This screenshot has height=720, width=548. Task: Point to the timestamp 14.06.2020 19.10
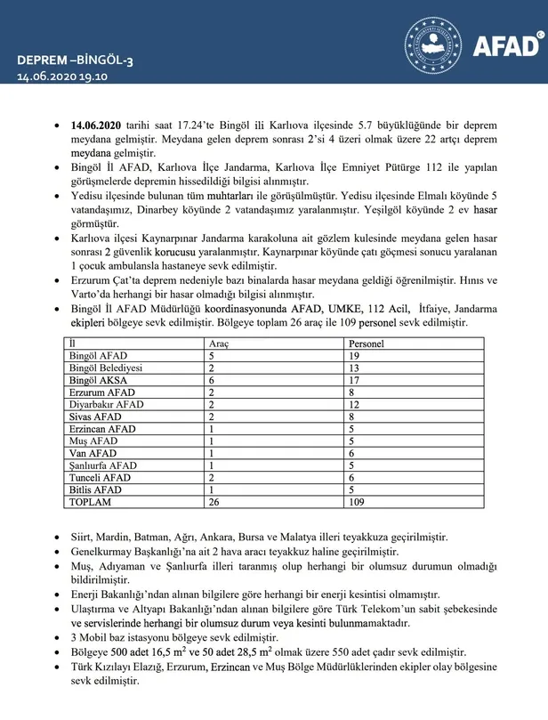click(x=61, y=77)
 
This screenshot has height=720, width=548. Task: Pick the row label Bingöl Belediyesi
click(x=109, y=368)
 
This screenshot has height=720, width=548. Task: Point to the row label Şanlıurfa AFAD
click(x=105, y=465)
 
